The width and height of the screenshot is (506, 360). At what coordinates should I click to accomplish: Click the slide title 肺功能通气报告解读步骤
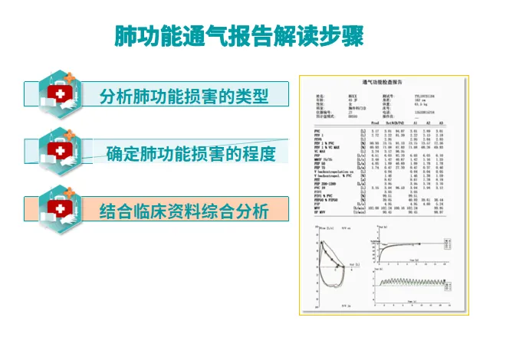tap(238, 35)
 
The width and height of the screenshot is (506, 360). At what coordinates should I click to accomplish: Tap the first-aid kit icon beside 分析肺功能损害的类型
tap(61, 93)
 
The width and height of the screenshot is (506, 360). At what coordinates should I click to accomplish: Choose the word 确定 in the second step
tap(122, 154)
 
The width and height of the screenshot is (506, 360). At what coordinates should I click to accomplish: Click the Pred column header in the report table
tap(373, 123)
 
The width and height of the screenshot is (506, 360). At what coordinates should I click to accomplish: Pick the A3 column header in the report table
tap(439, 123)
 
